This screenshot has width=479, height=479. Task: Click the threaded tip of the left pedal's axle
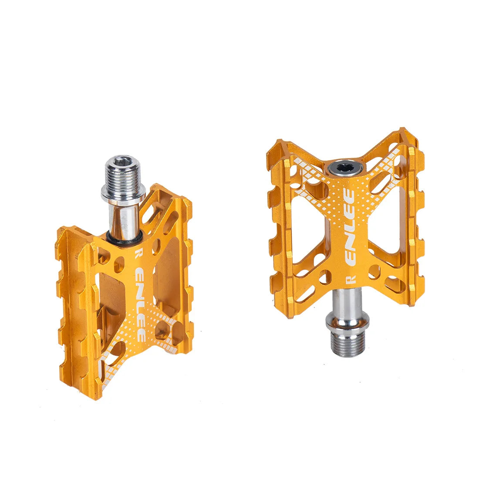(x=122, y=174)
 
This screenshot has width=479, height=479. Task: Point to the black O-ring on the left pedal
(x=125, y=239)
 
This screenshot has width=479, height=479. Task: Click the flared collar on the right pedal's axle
(x=347, y=323)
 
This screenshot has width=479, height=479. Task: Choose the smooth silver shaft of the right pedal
(x=347, y=300)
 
